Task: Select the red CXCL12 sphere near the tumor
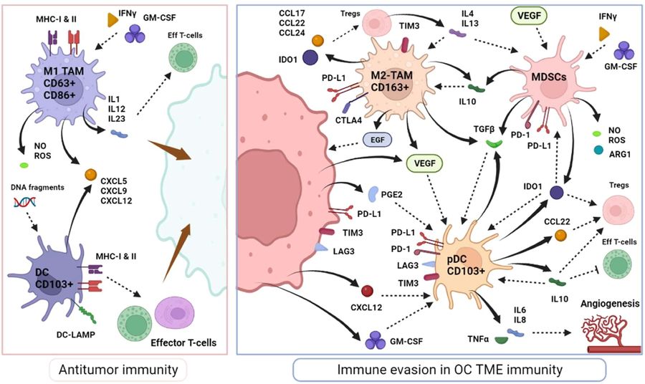pos(366,291)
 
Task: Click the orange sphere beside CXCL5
pos(90,174)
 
